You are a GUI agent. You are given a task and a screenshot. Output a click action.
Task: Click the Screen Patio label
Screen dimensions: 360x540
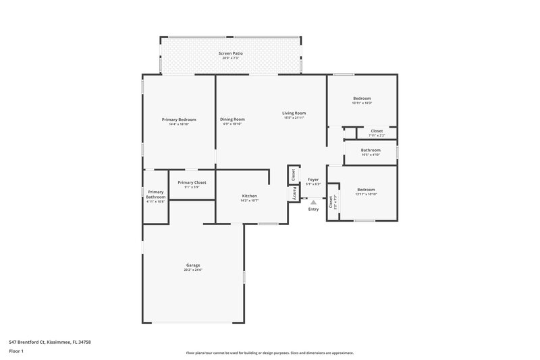click(231, 53)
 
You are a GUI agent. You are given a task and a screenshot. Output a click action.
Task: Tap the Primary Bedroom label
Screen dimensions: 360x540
click(179, 120)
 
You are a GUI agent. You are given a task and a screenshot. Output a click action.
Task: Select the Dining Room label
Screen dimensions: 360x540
click(232, 120)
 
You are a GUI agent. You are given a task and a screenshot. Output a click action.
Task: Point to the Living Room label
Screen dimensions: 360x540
click(294, 113)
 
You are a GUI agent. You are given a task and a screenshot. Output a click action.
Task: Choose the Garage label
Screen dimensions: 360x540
click(193, 265)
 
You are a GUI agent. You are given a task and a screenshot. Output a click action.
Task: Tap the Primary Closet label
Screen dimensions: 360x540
click(192, 182)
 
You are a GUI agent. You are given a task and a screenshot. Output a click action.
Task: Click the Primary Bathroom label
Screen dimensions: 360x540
click(156, 195)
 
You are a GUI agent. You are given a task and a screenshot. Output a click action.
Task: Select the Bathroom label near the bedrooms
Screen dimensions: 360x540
click(371, 150)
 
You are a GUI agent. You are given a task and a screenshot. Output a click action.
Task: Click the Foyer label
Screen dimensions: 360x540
click(313, 179)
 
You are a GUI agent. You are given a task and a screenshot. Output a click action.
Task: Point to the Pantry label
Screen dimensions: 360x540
click(294, 193)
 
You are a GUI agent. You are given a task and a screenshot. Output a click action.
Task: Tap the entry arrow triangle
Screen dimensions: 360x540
click(313, 201)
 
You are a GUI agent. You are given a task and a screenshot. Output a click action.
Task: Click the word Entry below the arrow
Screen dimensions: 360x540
click(313, 209)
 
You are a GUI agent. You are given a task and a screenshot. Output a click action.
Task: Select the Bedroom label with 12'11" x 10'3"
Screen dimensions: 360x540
click(362, 99)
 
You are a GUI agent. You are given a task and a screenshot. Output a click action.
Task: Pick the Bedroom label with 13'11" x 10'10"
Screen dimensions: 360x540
click(367, 190)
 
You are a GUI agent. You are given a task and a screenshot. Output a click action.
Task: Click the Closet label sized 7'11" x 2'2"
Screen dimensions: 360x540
click(377, 130)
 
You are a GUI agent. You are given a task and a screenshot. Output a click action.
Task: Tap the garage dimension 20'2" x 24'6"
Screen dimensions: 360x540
click(193, 269)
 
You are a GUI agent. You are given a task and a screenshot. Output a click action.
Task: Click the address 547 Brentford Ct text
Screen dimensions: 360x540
click(50, 342)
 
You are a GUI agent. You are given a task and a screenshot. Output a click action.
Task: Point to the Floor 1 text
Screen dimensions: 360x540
click(17, 351)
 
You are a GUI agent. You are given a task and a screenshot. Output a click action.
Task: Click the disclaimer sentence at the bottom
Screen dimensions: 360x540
click(270, 353)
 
